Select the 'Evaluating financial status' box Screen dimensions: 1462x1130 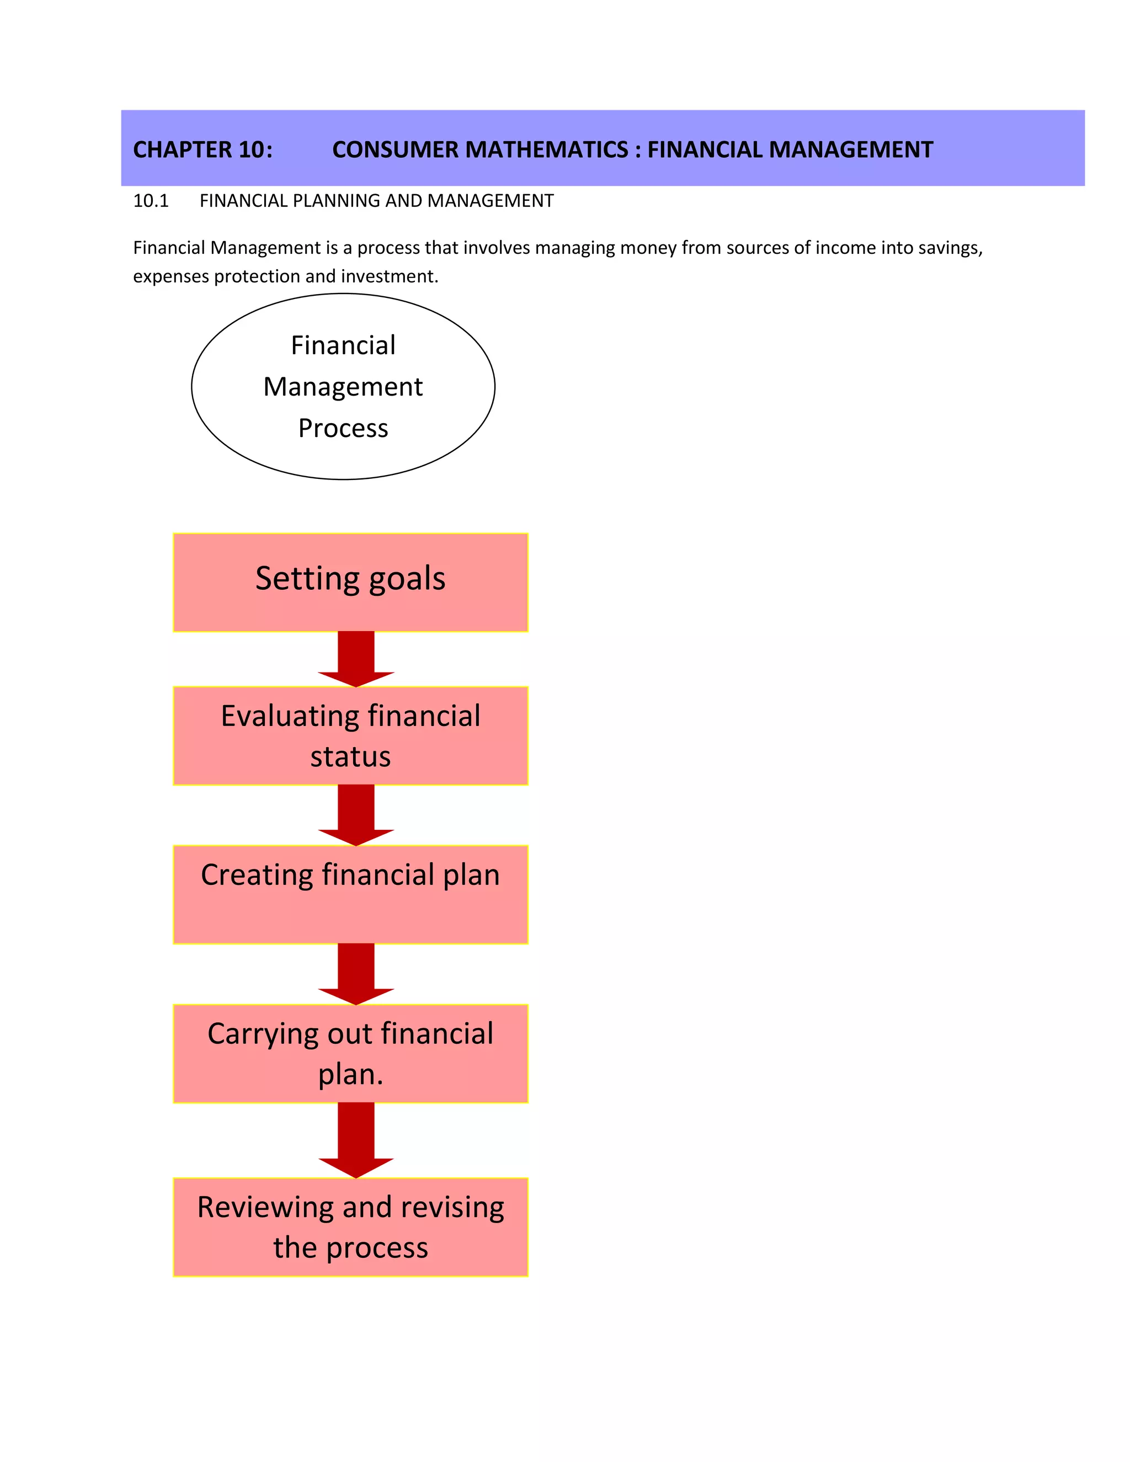[350, 735]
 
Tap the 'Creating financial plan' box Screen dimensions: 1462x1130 [350, 894]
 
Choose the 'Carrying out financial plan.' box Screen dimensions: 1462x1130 [350, 1053]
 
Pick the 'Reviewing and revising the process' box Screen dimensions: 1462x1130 [350, 1226]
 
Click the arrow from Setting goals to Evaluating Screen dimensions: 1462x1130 [355, 658]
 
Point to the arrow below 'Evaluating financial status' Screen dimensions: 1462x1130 [355, 814]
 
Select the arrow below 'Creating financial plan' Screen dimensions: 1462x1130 [355, 973]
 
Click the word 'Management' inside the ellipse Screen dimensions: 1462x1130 [343, 387]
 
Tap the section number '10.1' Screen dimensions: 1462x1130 [151, 201]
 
